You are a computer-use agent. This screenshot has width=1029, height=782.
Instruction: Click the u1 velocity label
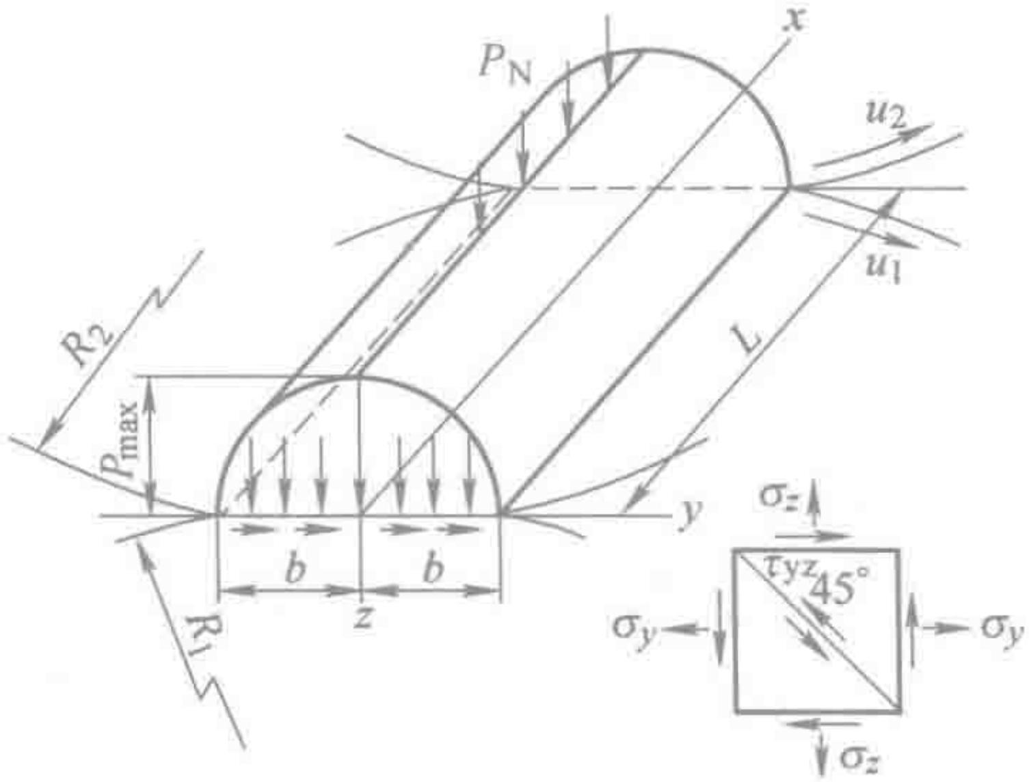[x=882, y=272]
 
